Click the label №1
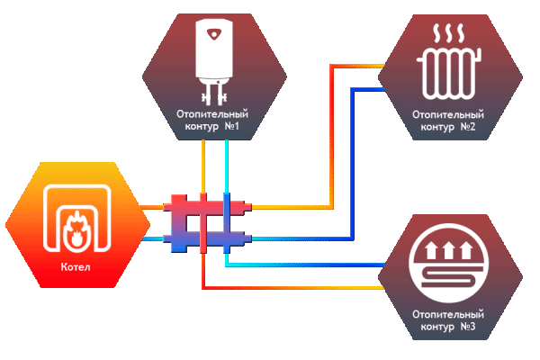(233, 129)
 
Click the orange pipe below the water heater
(203, 166)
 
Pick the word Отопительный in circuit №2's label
(447, 115)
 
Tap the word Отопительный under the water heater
(213, 116)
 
